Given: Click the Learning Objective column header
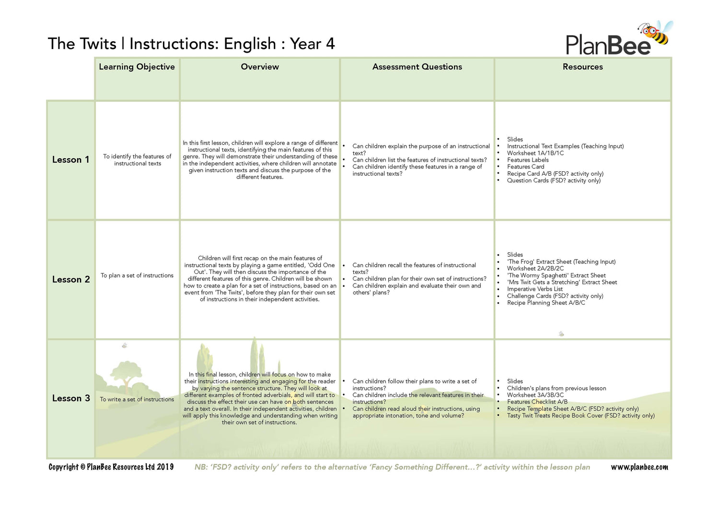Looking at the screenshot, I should click(x=137, y=67).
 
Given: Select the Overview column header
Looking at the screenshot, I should click(x=260, y=67).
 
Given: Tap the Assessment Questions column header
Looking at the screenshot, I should click(x=417, y=67).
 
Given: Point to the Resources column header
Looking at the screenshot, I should click(x=582, y=67).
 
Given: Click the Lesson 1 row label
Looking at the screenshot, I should click(x=70, y=160).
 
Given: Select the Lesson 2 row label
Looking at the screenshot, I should click(x=71, y=280).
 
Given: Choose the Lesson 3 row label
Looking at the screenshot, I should click(x=71, y=399).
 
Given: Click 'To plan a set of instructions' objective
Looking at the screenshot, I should click(x=137, y=275).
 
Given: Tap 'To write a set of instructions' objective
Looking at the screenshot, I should click(x=137, y=399).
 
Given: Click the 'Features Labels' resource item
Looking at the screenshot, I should click(x=528, y=160).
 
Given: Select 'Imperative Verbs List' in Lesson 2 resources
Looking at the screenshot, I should click(x=535, y=289).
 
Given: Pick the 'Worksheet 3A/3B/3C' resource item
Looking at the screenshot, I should click(x=535, y=395).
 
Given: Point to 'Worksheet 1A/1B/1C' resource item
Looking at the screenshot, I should click(x=535, y=153).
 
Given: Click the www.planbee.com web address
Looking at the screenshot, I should click(x=639, y=467).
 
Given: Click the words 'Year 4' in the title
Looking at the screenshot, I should click(x=312, y=44).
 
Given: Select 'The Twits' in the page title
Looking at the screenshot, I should click(x=82, y=44).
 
